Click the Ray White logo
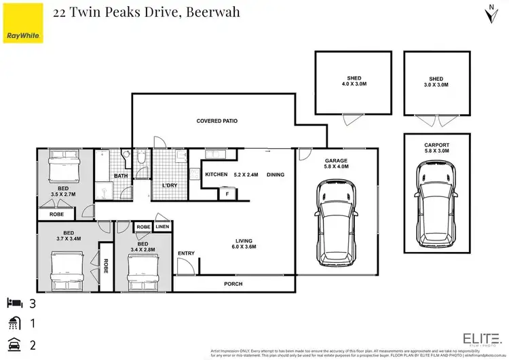pos(22,35)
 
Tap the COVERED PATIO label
pos(216,121)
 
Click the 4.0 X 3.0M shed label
pos(353,82)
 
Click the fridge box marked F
pos(226,194)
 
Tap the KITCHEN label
pos(216,175)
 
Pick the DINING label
pos(275,175)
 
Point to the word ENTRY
pos(186,253)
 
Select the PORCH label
pos(233,283)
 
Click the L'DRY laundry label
pos(169,185)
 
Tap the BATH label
pos(121,176)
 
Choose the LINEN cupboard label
pos(162,227)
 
